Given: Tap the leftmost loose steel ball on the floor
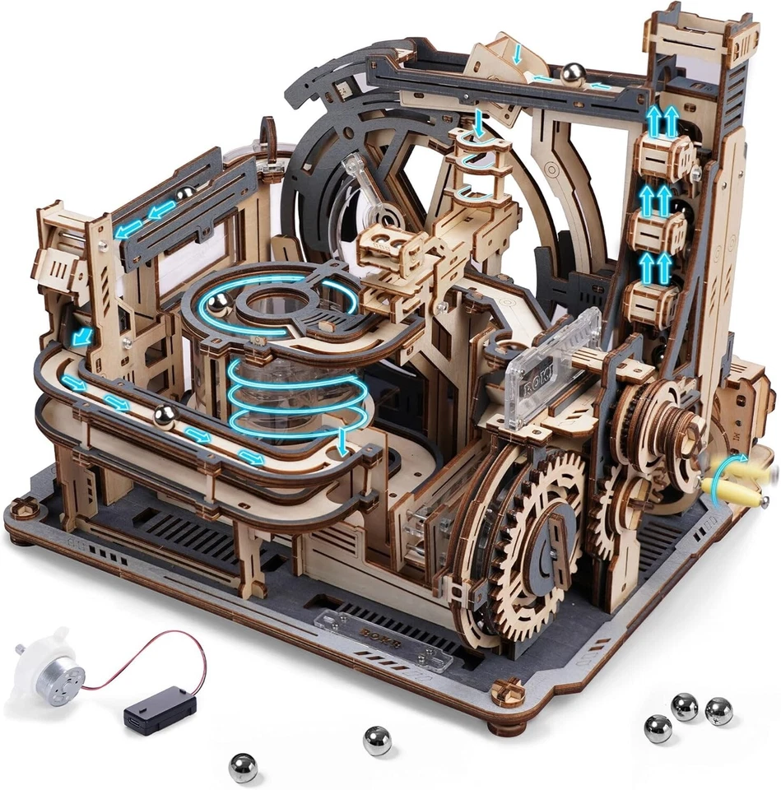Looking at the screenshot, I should (x=243, y=767).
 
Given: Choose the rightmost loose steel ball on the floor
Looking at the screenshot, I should (x=718, y=710).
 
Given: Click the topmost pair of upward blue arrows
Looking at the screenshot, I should (x=662, y=121).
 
